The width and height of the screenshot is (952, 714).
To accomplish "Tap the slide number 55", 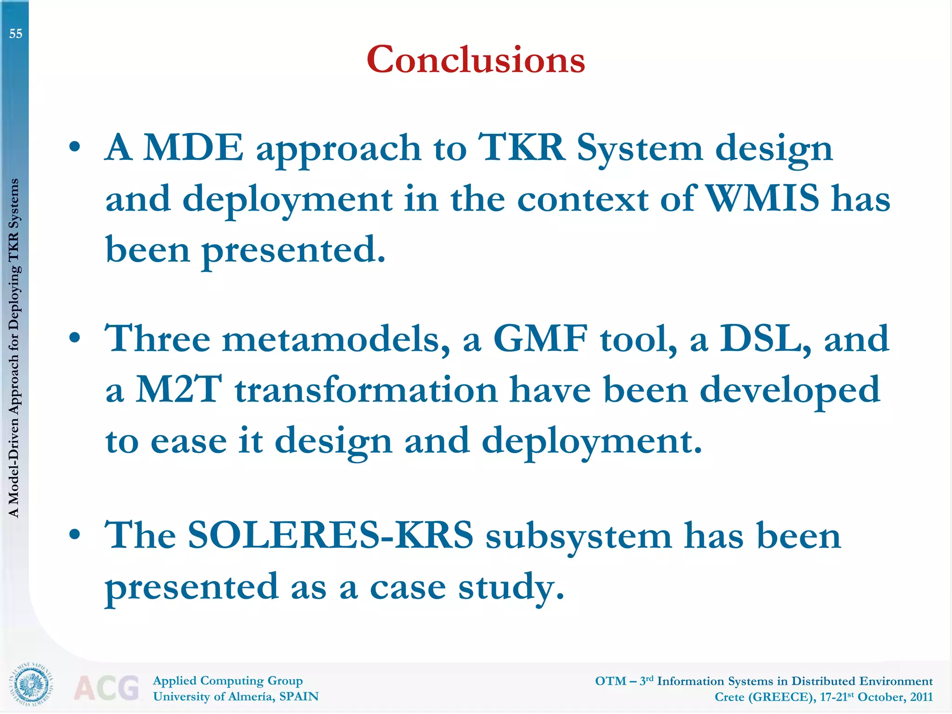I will (16, 33).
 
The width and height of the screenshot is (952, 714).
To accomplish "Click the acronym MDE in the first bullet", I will (193, 148).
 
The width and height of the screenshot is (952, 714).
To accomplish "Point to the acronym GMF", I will (540, 339).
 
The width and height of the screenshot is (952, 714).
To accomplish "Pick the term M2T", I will (178, 390).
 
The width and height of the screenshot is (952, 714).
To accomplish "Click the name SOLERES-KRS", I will (331, 535).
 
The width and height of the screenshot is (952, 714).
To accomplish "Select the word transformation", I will (366, 390).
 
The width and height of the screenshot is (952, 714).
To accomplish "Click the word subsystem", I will (578, 536).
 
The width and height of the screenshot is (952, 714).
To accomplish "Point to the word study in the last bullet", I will (511, 587).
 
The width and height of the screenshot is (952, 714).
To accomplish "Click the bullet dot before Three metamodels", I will (74, 338).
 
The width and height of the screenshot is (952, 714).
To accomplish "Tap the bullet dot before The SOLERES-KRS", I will (74, 535).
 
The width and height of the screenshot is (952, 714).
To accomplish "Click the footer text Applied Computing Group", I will (228, 681).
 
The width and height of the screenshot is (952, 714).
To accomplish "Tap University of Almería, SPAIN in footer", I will (236, 696).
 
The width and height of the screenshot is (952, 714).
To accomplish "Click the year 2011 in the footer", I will (921, 697).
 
